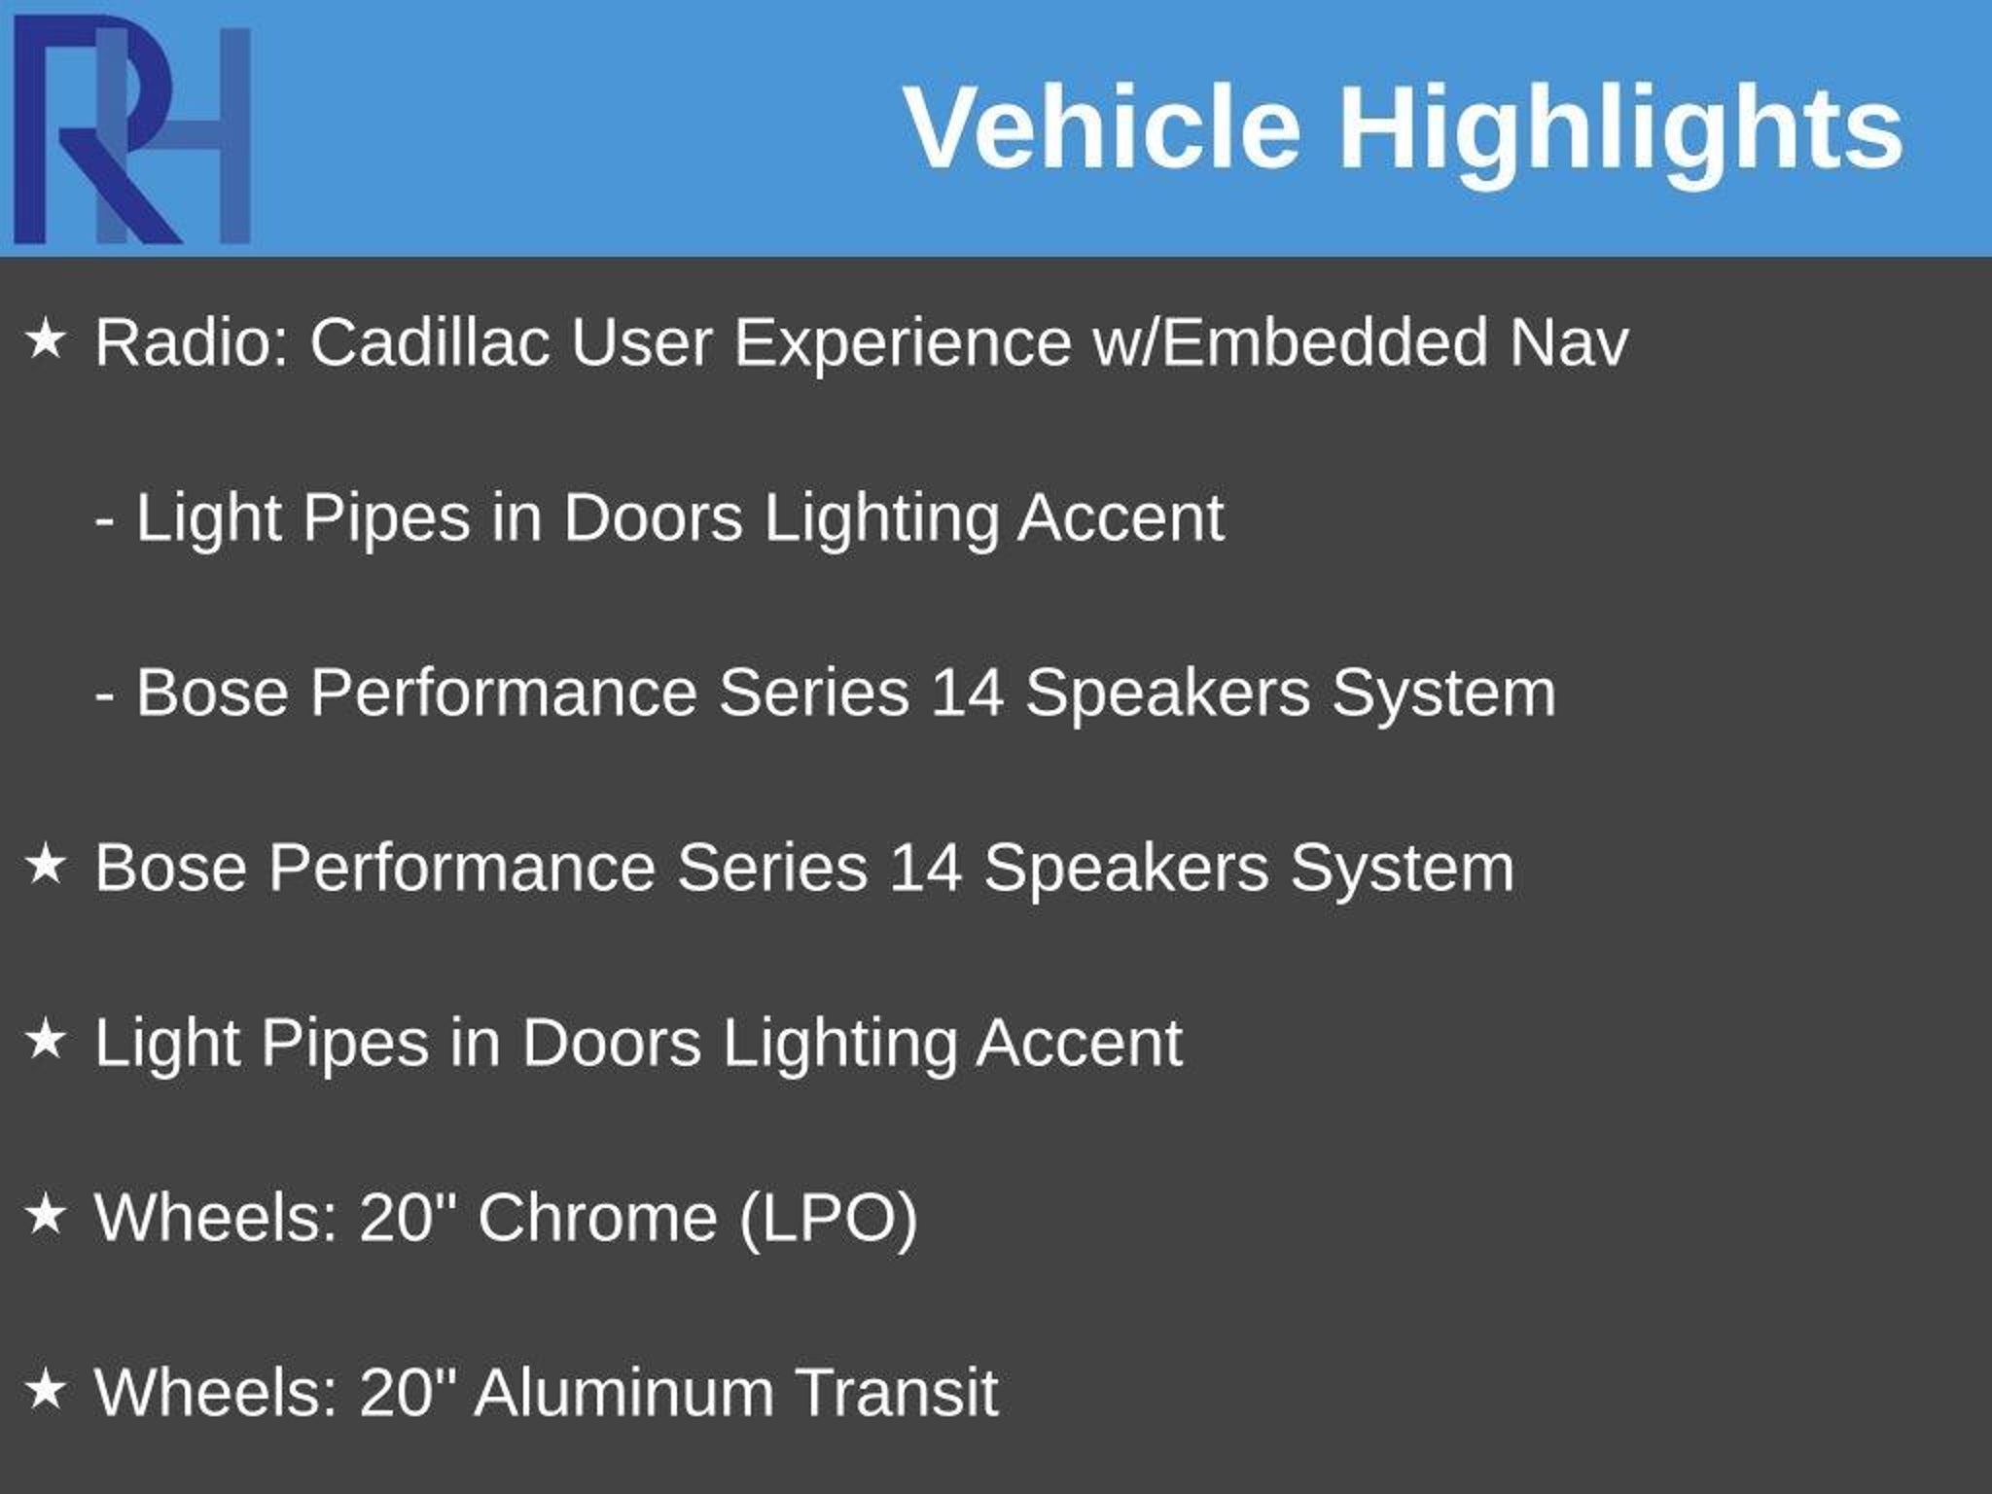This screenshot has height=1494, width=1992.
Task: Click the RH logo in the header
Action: [132, 129]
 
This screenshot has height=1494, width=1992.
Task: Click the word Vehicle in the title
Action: [1103, 127]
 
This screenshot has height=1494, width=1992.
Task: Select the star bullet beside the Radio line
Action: [46, 340]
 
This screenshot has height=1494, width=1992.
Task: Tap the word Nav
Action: [1569, 343]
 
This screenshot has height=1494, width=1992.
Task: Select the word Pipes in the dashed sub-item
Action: [386, 518]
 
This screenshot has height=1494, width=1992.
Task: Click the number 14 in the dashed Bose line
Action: [967, 693]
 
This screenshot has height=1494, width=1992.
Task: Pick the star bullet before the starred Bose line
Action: [46, 865]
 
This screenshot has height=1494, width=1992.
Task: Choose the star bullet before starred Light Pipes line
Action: [46, 1040]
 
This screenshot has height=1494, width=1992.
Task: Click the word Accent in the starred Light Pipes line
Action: [1080, 1043]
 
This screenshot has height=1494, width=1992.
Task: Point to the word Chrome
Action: [597, 1218]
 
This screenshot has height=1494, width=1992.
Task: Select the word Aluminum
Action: [624, 1393]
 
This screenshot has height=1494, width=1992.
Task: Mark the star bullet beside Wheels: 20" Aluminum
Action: [46, 1390]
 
